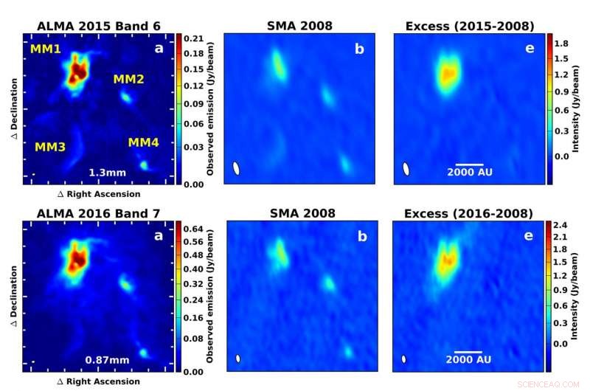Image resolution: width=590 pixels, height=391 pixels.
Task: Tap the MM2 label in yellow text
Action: (x=128, y=79)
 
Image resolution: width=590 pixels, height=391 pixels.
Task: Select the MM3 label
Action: (x=50, y=147)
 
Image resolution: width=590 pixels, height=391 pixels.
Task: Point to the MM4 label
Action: (x=143, y=142)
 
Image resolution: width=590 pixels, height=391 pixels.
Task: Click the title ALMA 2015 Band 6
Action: (x=100, y=27)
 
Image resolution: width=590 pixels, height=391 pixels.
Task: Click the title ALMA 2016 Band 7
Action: (x=100, y=214)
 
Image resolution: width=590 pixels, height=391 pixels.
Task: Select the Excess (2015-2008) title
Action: (x=470, y=27)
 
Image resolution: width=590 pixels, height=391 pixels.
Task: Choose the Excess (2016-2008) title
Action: (x=470, y=214)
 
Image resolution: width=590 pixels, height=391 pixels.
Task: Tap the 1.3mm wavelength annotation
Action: (x=103, y=173)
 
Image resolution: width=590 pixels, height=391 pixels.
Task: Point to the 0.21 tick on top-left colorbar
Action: (x=193, y=38)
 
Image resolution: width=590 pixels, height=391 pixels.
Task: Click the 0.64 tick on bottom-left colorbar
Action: (x=193, y=229)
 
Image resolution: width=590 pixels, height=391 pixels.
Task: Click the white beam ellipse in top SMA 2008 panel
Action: (x=236, y=168)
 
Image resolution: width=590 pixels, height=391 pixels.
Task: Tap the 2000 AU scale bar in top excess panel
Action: (x=469, y=164)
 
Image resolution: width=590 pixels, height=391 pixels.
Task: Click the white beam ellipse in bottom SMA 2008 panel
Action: (x=237, y=359)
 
